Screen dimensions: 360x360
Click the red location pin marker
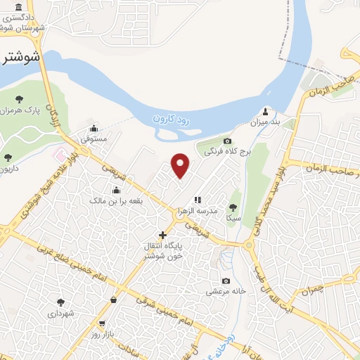181,165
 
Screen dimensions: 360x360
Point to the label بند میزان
265,122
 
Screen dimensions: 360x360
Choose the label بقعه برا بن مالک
116,201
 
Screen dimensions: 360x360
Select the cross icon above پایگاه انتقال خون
162,235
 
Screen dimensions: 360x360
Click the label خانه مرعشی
224,290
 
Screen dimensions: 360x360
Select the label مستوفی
94,139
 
